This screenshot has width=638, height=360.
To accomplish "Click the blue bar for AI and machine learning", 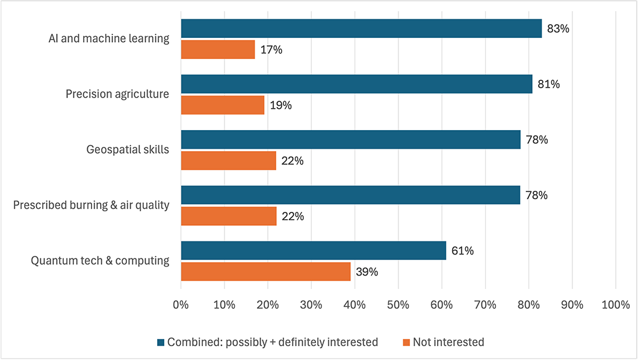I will click(x=361, y=28).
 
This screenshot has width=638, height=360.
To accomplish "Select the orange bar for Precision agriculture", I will click(x=223, y=105).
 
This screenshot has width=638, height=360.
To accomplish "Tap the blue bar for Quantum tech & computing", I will click(x=313, y=250).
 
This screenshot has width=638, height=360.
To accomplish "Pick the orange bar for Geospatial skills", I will click(x=229, y=161).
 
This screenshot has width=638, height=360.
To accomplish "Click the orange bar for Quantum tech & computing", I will click(x=265, y=272).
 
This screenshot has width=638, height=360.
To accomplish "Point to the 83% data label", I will click(x=558, y=28).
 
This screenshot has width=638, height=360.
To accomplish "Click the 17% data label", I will click(x=271, y=49).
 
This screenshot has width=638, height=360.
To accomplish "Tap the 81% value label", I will click(x=548, y=84).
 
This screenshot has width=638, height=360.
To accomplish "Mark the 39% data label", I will click(x=367, y=272).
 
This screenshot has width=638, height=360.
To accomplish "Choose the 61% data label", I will click(x=462, y=250).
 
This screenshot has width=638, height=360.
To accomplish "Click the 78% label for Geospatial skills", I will click(x=536, y=140).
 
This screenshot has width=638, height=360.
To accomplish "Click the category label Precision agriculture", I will click(x=117, y=94).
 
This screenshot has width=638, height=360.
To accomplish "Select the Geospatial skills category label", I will click(x=127, y=150).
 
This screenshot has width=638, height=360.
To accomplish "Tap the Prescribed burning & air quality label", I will click(x=91, y=205).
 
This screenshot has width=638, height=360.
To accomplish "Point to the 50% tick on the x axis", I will click(x=398, y=305).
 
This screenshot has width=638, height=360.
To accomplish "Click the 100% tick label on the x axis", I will click(x=615, y=305).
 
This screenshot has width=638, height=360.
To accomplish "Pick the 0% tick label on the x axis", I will click(x=181, y=305).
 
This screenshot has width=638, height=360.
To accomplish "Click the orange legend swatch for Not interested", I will click(x=406, y=343).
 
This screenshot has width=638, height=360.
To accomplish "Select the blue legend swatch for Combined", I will click(x=160, y=343).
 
